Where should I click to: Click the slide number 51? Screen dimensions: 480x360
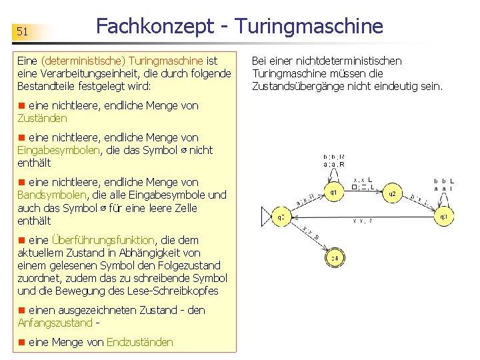[22, 31]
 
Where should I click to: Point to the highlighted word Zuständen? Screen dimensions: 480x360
[42, 118]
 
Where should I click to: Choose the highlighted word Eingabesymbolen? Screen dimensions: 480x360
[59, 150]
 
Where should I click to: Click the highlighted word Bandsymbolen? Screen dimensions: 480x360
[51, 195]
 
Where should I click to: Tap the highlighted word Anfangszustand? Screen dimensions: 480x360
[55, 323]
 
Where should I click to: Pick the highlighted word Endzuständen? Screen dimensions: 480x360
[139, 342]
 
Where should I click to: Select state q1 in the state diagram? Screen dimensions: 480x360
[333, 193]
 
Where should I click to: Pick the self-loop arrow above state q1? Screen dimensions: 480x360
[333, 175]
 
